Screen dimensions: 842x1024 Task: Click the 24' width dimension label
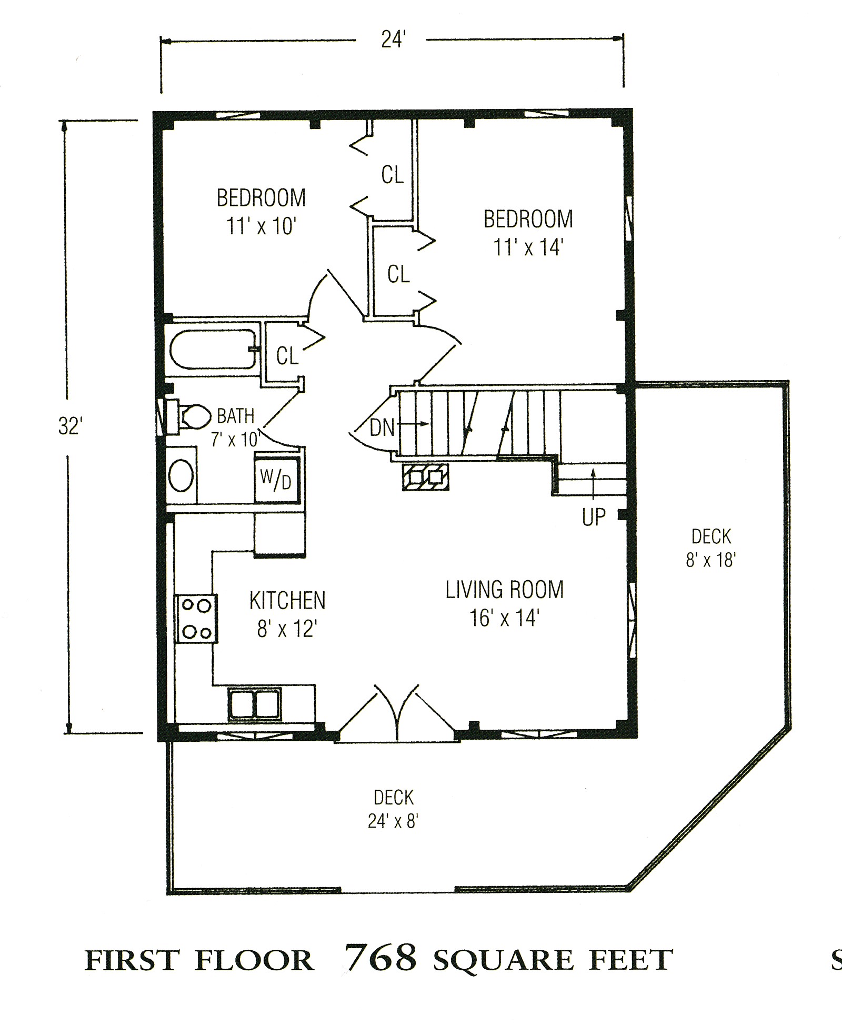coord(393,39)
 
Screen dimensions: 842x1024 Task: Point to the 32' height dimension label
coord(70,426)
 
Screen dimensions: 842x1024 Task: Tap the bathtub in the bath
coord(214,349)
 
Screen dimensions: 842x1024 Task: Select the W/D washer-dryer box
coord(276,480)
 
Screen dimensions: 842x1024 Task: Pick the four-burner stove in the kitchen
coord(196,619)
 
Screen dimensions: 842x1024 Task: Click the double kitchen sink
coord(255,704)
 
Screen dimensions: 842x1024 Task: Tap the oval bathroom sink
coord(181,475)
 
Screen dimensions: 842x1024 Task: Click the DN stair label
coord(382,428)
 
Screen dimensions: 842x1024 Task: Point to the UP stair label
coord(594,518)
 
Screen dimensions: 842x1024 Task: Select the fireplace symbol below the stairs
coord(426,477)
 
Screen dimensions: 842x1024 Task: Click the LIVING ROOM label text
coord(504,590)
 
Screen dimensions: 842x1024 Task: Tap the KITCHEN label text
coord(287,601)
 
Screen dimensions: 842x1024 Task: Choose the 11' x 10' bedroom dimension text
coord(262,226)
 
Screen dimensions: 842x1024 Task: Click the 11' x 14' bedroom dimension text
coord(528,247)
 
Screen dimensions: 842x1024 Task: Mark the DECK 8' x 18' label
coord(711,548)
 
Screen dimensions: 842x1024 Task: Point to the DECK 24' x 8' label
coord(394,809)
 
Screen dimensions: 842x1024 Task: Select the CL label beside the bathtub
coord(287,356)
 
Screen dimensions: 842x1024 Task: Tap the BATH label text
coord(236,416)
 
